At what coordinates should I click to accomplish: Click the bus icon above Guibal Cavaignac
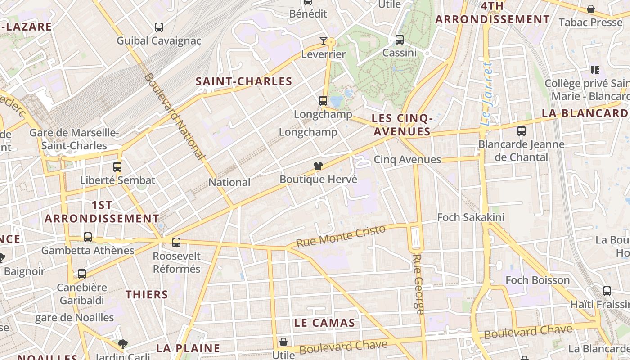click(159, 27)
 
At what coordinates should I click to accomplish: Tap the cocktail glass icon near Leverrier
click(324, 41)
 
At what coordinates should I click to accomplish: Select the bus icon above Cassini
click(400, 40)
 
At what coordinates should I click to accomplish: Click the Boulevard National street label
click(175, 116)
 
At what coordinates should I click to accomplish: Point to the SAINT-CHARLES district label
click(244, 81)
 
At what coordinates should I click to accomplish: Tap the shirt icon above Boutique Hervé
click(318, 166)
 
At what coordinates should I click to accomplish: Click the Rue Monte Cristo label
click(341, 236)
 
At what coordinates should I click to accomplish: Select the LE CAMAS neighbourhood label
click(324, 323)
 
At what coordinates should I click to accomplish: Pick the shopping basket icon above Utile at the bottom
click(283, 342)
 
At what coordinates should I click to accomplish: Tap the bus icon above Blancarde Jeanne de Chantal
click(522, 131)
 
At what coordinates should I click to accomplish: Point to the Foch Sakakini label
click(471, 217)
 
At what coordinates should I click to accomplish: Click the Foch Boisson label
click(538, 280)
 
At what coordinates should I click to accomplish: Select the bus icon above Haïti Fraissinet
click(607, 291)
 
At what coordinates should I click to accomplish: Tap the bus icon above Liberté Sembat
click(117, 167)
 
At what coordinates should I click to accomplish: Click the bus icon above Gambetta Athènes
click(88, 237)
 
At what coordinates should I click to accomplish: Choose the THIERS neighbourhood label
click(147, 295)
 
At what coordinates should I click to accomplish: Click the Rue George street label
click(418, 284)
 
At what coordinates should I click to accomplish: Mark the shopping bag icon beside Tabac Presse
click(591, 9)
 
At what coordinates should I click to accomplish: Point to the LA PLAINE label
click(188, 348)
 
